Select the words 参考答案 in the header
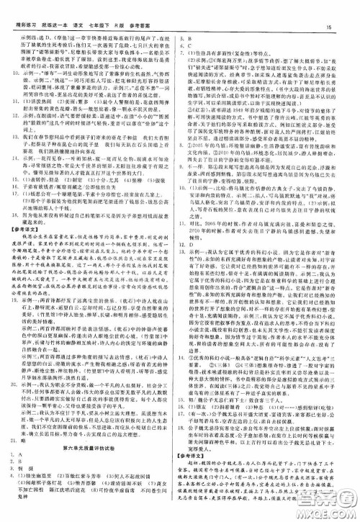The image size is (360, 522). coord(143,8)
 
